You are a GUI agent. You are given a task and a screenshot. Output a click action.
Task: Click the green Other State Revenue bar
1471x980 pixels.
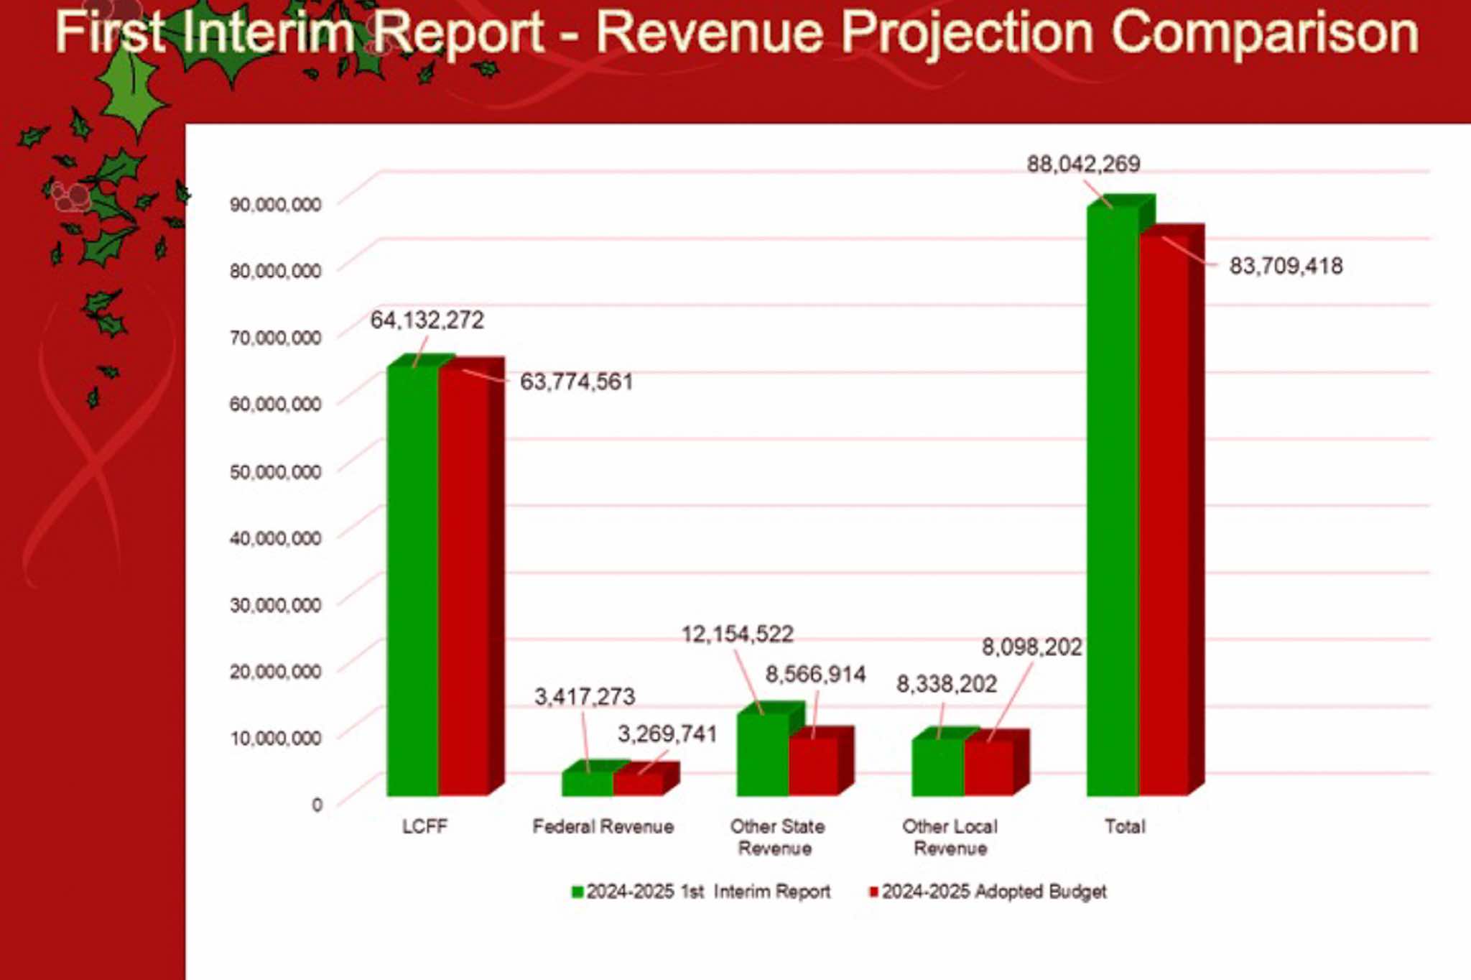(762, 754)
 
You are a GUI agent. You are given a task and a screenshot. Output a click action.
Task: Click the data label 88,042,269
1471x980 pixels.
(1083, 165)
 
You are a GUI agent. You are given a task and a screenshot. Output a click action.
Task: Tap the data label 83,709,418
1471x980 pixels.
(1286, 267)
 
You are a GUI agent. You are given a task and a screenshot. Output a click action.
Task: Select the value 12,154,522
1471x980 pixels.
(737, 634)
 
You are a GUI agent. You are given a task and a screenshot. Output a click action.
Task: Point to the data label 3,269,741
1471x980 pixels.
(667, 734)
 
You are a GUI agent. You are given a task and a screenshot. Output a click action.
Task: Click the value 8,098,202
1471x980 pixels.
(1031, 647)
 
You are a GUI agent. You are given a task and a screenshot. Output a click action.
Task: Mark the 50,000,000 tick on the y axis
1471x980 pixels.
(275, 472)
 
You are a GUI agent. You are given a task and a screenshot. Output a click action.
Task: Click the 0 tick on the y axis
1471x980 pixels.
(317, 805)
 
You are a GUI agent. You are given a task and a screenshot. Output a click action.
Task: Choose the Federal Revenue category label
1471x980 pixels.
(603, 827)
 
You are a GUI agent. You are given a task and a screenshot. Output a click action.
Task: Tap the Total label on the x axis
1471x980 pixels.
(1125, 827)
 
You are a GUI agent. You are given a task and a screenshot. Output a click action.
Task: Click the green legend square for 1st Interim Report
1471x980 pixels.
(577, 892)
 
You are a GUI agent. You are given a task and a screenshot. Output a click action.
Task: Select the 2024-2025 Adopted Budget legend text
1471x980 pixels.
(994, 892)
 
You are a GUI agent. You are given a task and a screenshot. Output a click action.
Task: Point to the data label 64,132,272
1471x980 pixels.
(427, 320)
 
